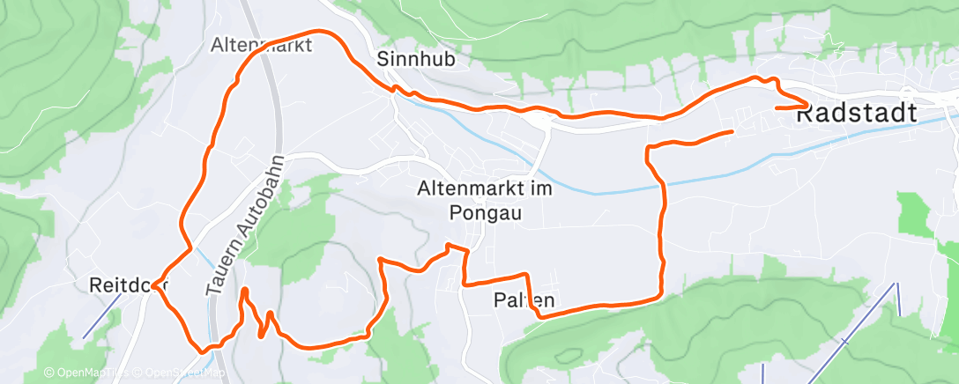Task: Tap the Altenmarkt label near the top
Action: tap(262, 45)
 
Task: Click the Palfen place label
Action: tap(524, 301)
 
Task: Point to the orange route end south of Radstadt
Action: tap(732, 131)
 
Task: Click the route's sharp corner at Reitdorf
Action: tap(154, 285)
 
